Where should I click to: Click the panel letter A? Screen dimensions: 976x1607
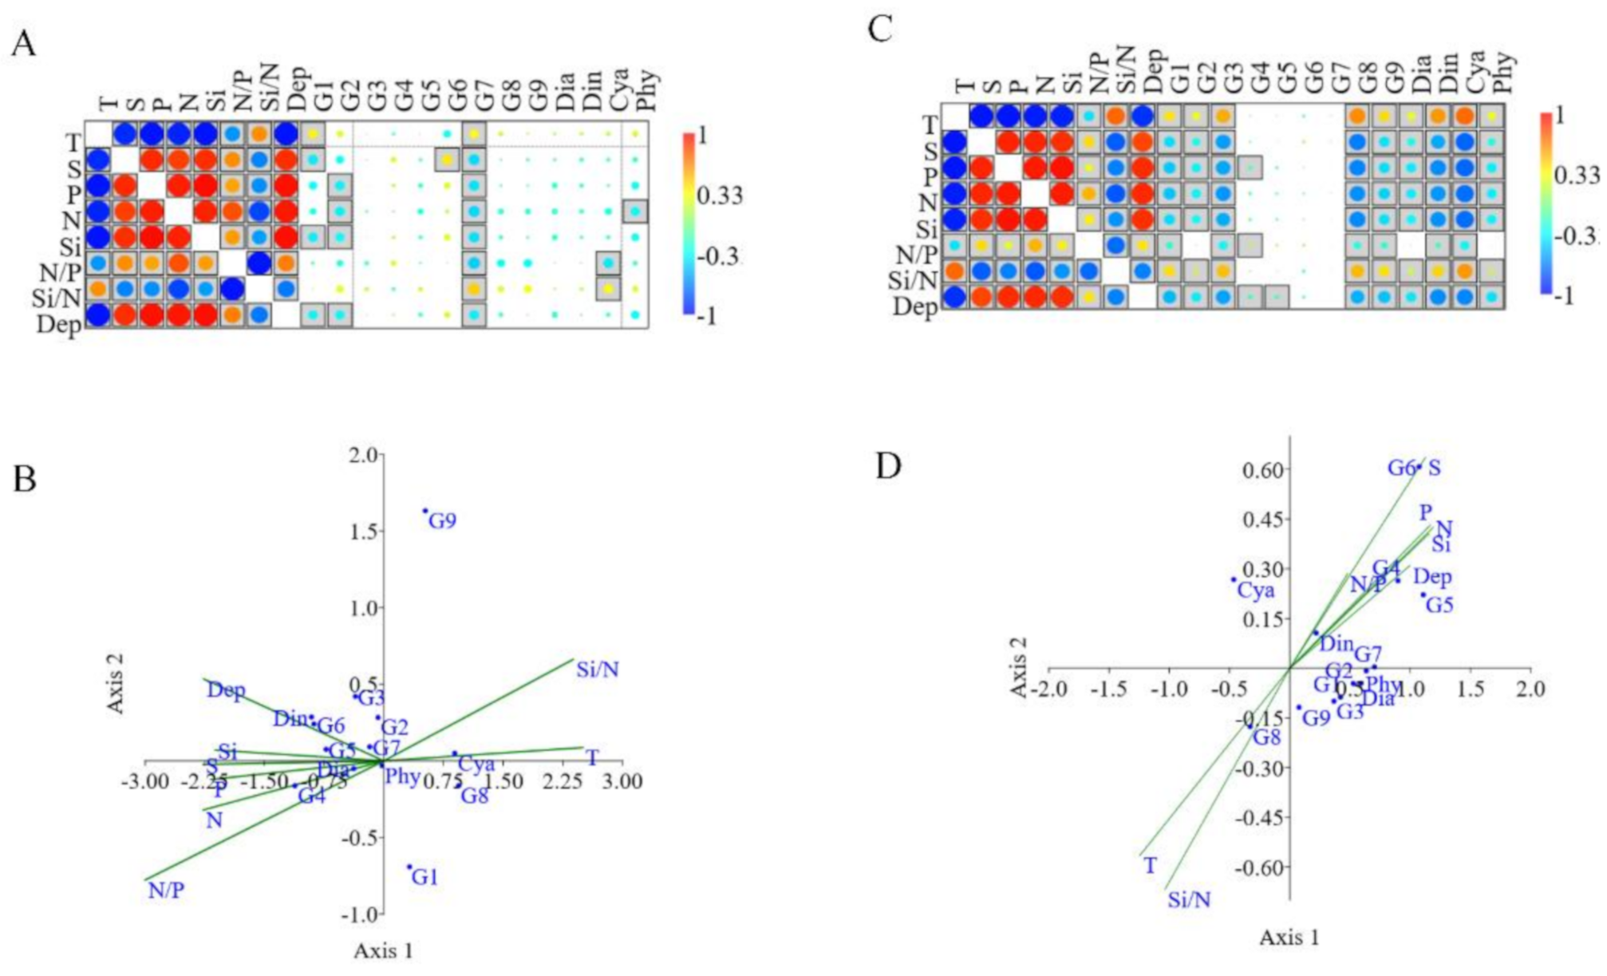pyautogui.click(x=24, y=44)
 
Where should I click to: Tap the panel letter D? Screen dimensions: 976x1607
pyautogui.click(x=888, y=465)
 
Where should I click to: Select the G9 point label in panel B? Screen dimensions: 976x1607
pyautogui.click(x=442, y=522)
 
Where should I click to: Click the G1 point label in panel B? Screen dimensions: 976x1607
pyautogui.click(x=425, y=878)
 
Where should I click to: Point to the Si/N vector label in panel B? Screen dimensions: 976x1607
pyautogui.click(x=598, y=670)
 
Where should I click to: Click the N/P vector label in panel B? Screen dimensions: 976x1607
pyautogui.click(x=166, y=891)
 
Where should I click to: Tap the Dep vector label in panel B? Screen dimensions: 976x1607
pyautogui.click(x=226, y=690)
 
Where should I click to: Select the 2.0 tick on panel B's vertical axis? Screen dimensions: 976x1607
pyautogui.click(x=365, y=456)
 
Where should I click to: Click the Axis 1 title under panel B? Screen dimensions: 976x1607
pyautogui.click(x=384, y=950)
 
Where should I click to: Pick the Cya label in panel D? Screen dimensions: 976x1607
pyautogui.click(x=1255, y=591)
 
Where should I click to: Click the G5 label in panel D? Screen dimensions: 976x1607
pyautogui.click(x=1439, y=605)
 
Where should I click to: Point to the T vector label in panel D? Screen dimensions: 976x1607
pyautogui.click(x=1150, y=866)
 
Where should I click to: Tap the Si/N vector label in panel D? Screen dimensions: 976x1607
pyautogui.click(x=1189, y=900)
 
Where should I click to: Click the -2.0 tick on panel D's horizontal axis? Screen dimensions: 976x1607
pyautogui.click(x=1049, y=689)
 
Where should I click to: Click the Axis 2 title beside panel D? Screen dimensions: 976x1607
pyautogui.click(x=1019, y=667)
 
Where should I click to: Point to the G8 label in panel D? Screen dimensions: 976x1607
pyautogui.click(x=1266, y=737)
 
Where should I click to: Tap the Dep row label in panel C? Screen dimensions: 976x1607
pyautogui.click(x=914, y=306)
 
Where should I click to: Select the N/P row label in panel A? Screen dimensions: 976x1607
pyautogui.click(x=61, y=274)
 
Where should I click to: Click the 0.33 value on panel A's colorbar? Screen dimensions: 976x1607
pyautogui.click(x=721, y=195)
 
